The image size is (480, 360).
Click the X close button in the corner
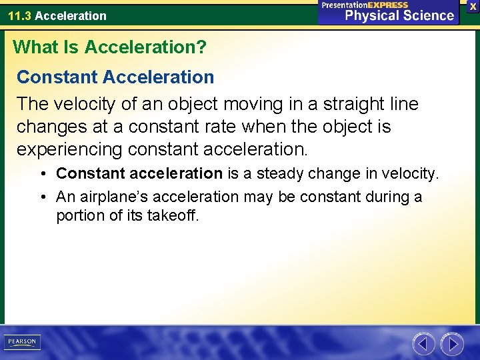click(x=473, y=6)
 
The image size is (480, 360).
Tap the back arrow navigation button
click(x=423, y=343)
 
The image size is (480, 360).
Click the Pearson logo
click(x=22, y=342)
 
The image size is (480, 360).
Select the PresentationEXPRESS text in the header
click(x=365, y=5)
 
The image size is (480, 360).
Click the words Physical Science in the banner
click(x=399, y=16)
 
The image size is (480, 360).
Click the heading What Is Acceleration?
click(x=110, y=47)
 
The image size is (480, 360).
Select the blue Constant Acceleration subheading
click(x=115, y=77)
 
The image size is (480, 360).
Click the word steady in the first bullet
click(x=282, y=174)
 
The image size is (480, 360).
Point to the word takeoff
click(x=175, y=215)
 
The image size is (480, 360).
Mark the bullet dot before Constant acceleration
click(x=42, y=175)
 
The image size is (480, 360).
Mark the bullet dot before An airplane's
click(x=42, y=197)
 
